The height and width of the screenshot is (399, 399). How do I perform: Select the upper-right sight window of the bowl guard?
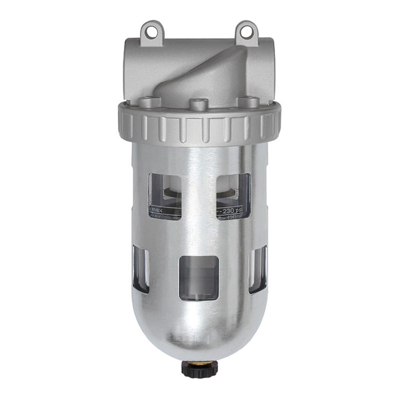click(x=233, y=195)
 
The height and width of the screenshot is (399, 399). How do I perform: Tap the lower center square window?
click(x=198, y=278)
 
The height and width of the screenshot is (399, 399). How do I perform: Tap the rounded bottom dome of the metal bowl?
click(x=199, y=329)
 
